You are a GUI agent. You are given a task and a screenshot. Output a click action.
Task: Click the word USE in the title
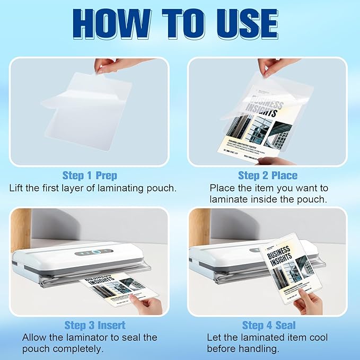[248, 23]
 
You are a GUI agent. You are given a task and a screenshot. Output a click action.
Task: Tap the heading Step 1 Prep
[90, 175]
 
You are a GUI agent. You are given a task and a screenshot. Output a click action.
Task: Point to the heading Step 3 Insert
[95, 324]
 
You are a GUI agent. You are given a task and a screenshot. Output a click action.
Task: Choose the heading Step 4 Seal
[269, 324]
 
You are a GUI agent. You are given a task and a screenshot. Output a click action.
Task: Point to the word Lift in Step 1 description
[17, 188]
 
